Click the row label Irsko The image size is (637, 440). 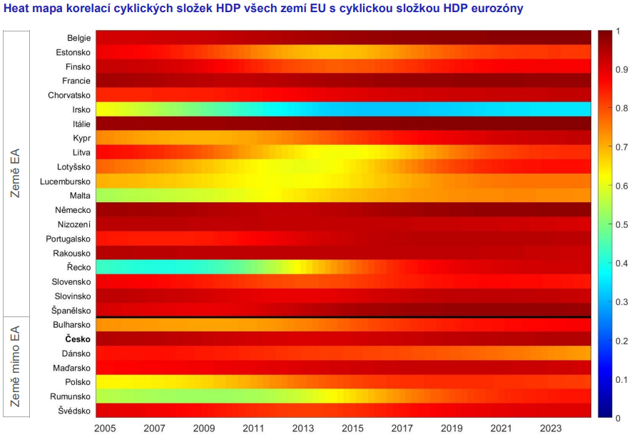(x=80, y=109)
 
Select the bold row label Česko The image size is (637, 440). (x=76, y=339)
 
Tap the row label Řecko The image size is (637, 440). (x=77, y=267)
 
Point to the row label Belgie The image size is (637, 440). (x=78, y=38)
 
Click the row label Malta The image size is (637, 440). (x=79, y=196)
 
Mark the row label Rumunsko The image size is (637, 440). (x=70, y=396)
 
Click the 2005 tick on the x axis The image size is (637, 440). (x=106, y=428)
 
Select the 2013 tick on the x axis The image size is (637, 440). (x=303, y=428)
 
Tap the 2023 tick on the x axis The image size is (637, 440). (x=551, y=428)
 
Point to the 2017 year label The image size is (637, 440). (x=402, y=428)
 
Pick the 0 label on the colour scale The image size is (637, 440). (x=618, y=418)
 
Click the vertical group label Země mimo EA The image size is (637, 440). (x=16, y=366)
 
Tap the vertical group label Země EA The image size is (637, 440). (x=16, y=173)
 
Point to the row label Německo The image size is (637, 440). (x=72, y=210)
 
